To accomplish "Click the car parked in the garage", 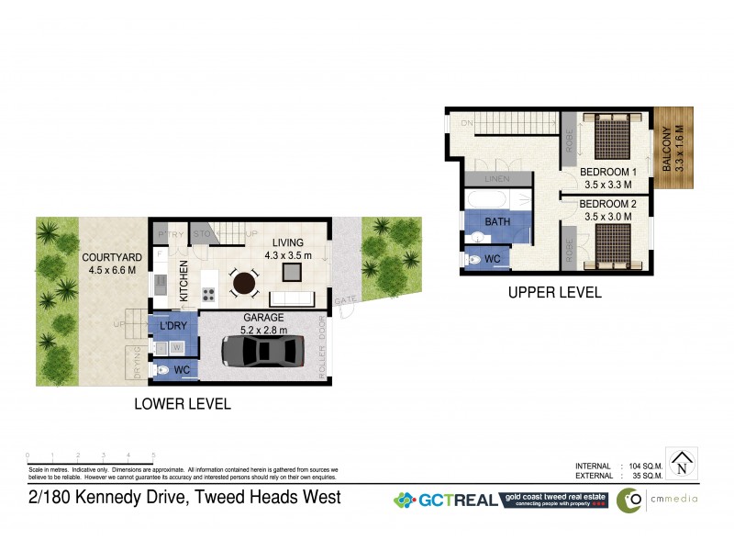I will [x=265, y=352].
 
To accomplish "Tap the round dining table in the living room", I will [x=244, y=283].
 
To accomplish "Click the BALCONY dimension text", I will [x=679, y=146].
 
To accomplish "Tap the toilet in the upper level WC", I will [x=474, y=260].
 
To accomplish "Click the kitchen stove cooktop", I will [x=208, y=295].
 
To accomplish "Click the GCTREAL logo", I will [x=445, y=500].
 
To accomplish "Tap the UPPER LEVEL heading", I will [x=554, y=293].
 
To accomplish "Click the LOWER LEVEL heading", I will [x=182, y=403].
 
